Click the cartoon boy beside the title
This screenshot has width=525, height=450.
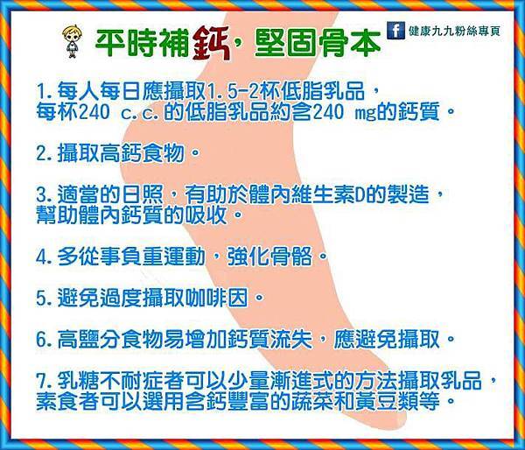(x=72, y=41)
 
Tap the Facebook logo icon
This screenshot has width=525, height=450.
(x=395, y=31)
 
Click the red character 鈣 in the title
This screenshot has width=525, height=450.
(x=212, y=43)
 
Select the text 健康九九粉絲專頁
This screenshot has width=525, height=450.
(x=454, y=31)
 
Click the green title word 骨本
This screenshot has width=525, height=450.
(x=349, y=44)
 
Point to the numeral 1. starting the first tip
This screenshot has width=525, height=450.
(x=45, y=90)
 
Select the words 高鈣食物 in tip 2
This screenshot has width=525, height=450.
(x=143, y=153)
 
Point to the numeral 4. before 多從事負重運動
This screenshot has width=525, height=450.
(x=44, y=257)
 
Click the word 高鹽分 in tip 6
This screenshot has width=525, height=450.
(x=89, y=340)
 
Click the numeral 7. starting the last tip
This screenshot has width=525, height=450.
(x=44, y=381)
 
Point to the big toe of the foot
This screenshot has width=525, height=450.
(x=395, y=416)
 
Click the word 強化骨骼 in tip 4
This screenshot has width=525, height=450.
(x=269, y=257)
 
